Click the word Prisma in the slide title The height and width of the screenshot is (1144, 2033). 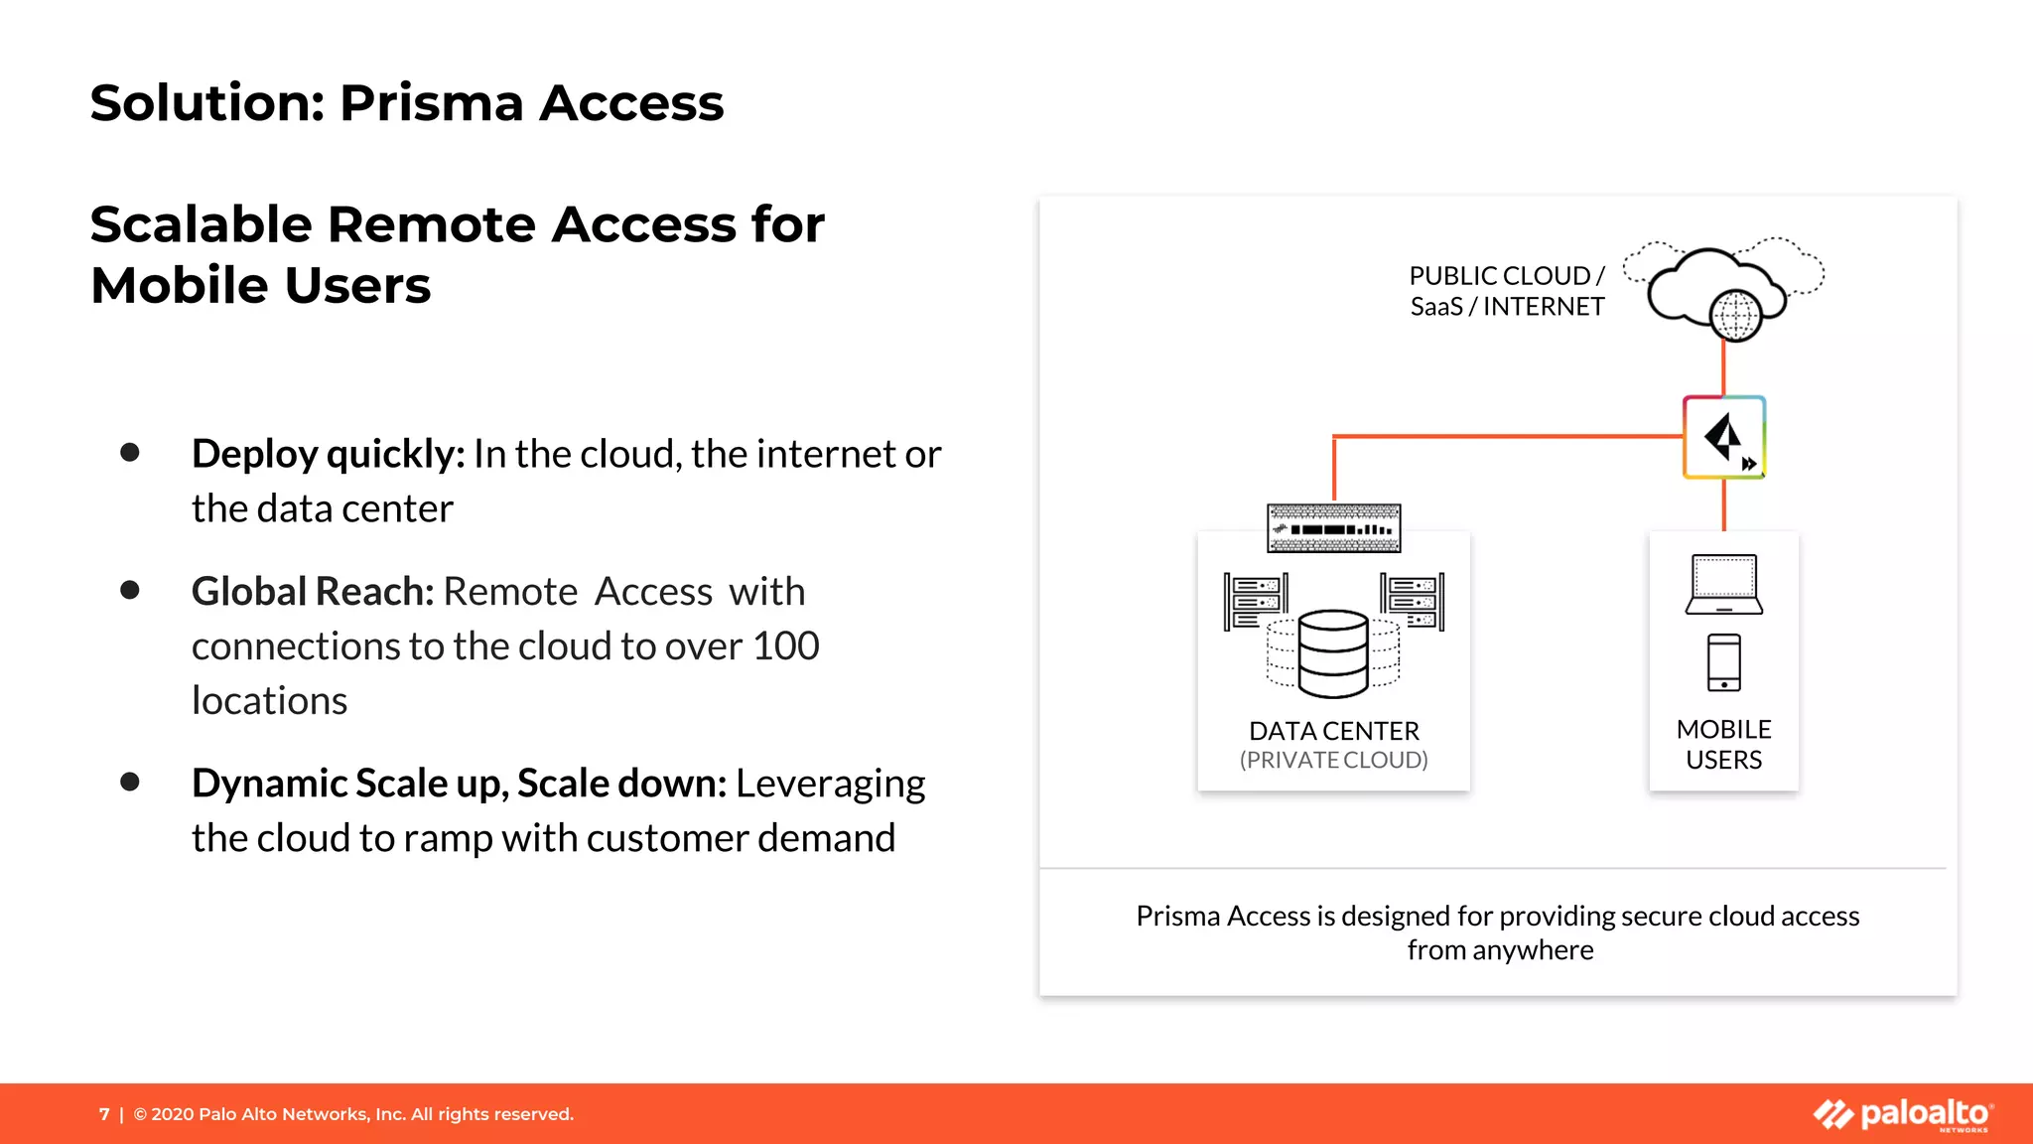click(431, 103)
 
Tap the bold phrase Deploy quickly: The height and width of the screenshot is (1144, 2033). click(328, 454)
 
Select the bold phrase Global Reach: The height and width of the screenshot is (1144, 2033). click(313, 592)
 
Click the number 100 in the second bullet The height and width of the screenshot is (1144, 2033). click(785, 646)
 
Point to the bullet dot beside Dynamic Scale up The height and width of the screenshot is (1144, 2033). click(129, 783)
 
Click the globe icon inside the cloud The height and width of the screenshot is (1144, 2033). click(1734, 316)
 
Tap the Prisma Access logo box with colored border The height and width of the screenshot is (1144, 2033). click(1724, 437)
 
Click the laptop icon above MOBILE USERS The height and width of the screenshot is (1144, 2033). click(1724, 584)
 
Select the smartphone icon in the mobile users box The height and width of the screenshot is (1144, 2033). click(1724, 662)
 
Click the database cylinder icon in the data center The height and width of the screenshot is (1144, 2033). click(1333, 652)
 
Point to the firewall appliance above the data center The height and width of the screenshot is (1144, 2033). click(1333, 528)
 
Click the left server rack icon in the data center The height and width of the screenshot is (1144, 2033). click(1256, 601)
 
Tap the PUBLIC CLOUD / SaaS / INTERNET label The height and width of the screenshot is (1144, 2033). click(1507, 291)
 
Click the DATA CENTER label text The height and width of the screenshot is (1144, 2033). click(1333, 731)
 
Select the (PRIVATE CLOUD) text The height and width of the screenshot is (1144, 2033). click(1333, 761)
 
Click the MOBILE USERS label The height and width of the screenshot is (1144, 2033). click(1724, 745)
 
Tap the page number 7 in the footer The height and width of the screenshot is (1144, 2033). click(104, 1114)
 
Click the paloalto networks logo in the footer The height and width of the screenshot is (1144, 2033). click(1902, 1114)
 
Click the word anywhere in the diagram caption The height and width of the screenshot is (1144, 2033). click(1533, 950)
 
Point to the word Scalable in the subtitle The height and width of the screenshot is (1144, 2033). click(202, 224)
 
